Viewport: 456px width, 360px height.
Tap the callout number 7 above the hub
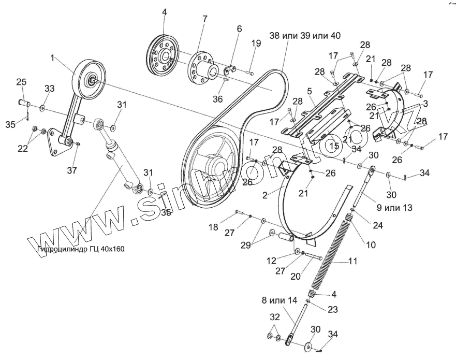point(205,19)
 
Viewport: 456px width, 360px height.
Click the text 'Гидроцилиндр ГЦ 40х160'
point(81,249)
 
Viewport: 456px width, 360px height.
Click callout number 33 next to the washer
point(49,89)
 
